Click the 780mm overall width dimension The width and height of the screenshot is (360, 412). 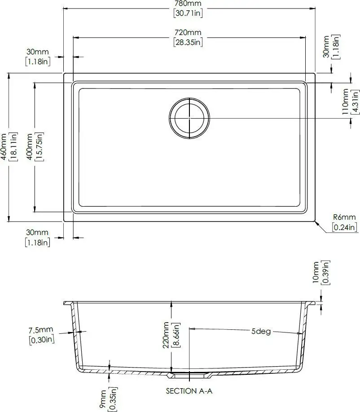point(189,4)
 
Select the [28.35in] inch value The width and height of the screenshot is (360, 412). point(189,42)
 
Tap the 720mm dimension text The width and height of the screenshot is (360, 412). point(189,33)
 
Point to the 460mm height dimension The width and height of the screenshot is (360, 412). point(4,147)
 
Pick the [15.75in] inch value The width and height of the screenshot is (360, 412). point(40,147)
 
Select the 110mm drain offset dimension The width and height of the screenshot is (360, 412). point(345,102)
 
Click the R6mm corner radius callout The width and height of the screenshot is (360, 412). point(344,218)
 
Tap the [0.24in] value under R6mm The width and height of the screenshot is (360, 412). point(344,227)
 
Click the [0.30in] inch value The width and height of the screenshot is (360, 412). point(41,340)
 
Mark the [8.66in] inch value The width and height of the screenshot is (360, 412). point(177,335)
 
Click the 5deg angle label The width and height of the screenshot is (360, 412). point(261,332)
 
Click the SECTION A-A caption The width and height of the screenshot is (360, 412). point(189,391)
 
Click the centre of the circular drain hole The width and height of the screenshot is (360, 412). point(189,117)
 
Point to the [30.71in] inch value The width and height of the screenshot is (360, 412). point(189,13)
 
